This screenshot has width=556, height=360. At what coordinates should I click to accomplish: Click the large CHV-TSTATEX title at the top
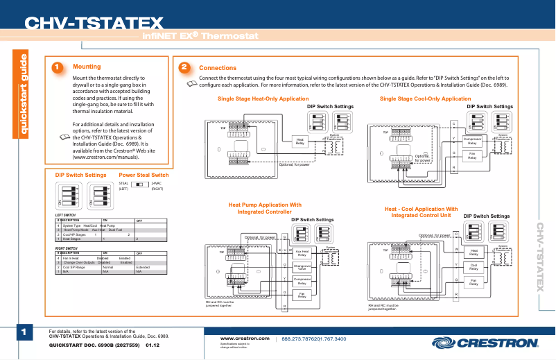point(94,24)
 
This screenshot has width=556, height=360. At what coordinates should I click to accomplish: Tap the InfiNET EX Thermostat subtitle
point(200,35)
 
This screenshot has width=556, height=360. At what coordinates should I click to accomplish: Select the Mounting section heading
point(87,67)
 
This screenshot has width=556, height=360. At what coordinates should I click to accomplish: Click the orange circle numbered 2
point(184,67)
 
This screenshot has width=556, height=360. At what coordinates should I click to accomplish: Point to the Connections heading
point(218,68)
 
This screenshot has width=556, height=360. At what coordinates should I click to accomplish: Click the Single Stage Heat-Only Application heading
point(263,99)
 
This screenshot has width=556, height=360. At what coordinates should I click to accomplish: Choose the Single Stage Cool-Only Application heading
point(425,99)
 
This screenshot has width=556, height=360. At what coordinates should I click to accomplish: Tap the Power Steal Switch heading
point(144,175)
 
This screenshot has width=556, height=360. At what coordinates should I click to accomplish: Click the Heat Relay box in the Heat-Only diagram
point(300,141)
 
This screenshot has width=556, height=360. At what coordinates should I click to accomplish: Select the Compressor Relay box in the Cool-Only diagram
point(472,141)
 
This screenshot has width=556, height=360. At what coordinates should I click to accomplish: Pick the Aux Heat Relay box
point(302,253)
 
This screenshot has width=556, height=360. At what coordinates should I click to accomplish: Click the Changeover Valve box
point(302,267)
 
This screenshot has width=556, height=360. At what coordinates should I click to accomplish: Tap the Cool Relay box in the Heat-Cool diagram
point(474,267)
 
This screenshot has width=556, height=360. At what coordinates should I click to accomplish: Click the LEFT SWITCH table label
point(65,215)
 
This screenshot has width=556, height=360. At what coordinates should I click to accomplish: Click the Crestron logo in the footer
point(485,342)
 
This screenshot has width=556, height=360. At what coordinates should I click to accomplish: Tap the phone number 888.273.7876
point(299,338)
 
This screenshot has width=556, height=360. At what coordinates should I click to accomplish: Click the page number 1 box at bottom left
point(23,333)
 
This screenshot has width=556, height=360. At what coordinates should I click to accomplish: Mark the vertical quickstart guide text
point(23,94)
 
